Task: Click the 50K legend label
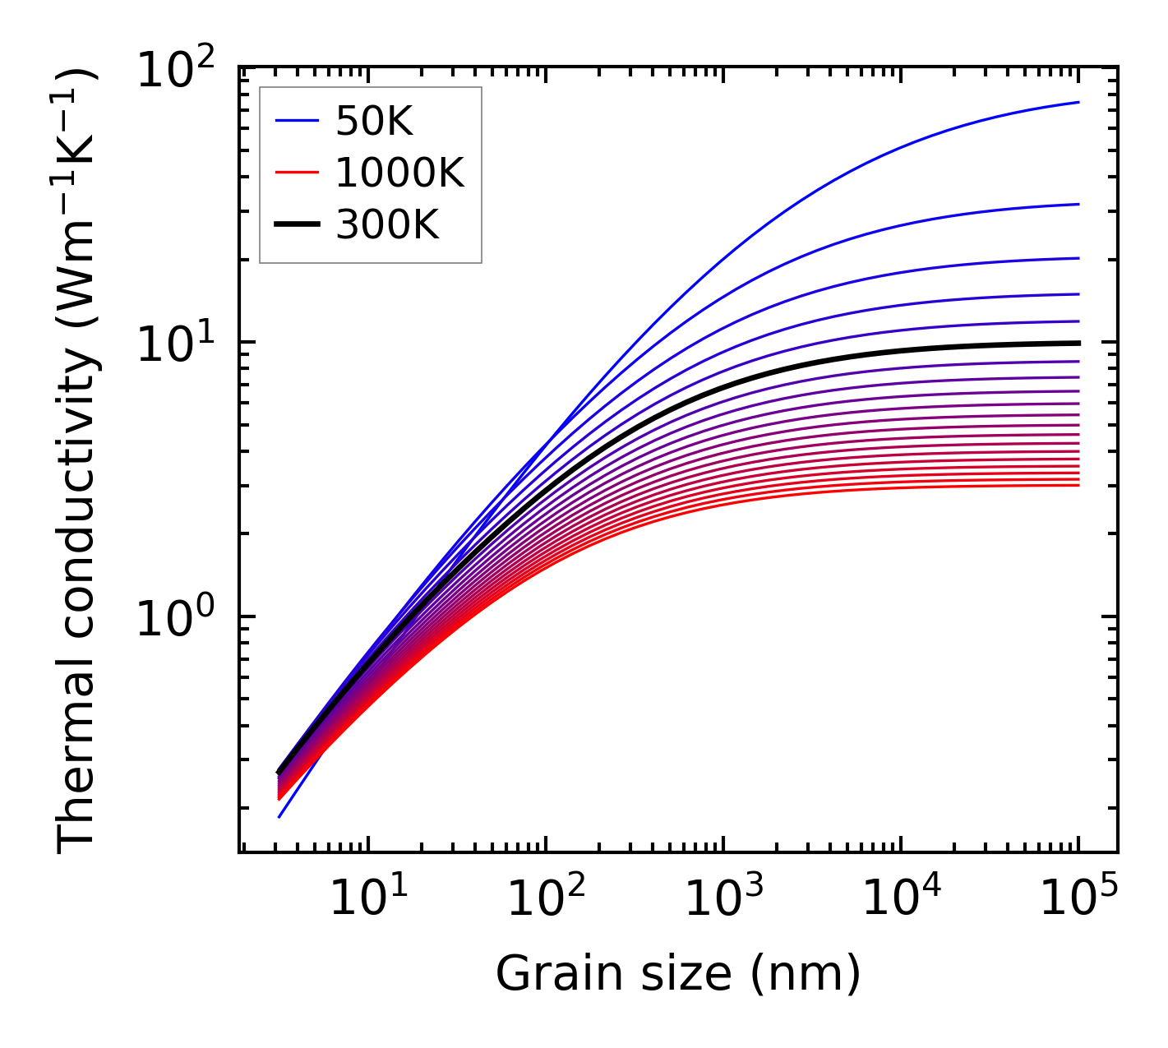coord(373,122)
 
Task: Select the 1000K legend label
coord(399,173)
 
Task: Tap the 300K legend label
coord(386,224)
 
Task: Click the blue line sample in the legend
coord(297,122)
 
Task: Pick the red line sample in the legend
coord(297,173)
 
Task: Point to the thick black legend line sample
coord(297,224)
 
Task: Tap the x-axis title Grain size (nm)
coord(678,975)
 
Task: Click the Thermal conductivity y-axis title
coord(77,460)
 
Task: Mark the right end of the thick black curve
coord(1078,343)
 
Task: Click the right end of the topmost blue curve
coord(1078,103)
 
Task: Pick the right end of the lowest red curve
coord(1078,485)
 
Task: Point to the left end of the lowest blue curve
coord(279,817)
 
